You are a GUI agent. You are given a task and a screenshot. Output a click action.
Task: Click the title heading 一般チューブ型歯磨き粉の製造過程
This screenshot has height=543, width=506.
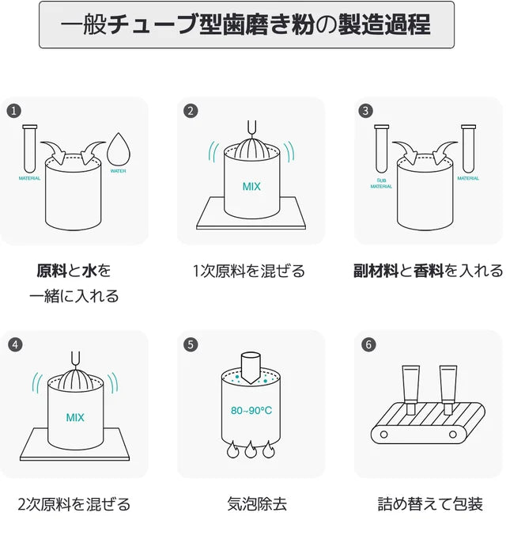pyautogui.click(x=246, y=25)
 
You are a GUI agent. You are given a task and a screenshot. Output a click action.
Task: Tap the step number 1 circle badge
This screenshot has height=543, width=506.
pyautogui.click(x=13, y=111)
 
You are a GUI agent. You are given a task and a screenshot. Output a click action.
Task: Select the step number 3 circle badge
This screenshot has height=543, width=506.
pyautogui.click(x=365, y=111)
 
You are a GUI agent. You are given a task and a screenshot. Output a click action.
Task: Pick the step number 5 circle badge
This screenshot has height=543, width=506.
pyautogui.click(x=190, y=344)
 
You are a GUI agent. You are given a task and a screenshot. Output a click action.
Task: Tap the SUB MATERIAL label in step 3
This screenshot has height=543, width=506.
pyautogui.click(x=381, y=184)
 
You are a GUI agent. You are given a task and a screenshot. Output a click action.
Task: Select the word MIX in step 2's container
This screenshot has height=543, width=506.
pyautogui.click(x=251, y=188)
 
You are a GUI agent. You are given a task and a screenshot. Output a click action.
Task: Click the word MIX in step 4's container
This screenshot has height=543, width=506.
pyautogui.click(x=75, y=417)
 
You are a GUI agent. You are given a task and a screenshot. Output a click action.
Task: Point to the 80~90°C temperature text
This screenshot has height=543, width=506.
pyautogui.click(x=251, y=411)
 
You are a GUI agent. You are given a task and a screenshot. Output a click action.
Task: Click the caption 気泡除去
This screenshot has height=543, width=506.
pyautogui.click(x=251, y=503)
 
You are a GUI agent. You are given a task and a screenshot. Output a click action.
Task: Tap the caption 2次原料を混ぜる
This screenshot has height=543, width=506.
pyautogui.click(x=74, y=503)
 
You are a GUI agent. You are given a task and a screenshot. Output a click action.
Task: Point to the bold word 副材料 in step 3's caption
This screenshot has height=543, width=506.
pyautogui.click(x=376, y=271)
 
